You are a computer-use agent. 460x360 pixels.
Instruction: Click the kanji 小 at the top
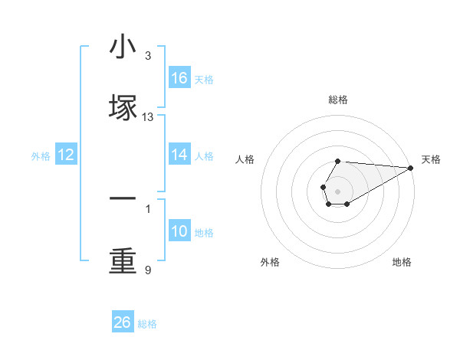pyautogui.click(x=123, y=47)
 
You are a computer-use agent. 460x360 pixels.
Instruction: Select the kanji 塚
pyautogui.click(x=123, y=108)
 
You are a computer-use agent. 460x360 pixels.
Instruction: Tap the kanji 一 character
pyautogui.click(x=123, y=198)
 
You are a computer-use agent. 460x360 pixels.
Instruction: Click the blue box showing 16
pyautogui.click(x=179, y=78)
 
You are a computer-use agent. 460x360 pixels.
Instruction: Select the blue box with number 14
pyautogui.click(x=179, y=155)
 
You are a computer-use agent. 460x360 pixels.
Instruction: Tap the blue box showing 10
pyautogui.click(x=179, y=231)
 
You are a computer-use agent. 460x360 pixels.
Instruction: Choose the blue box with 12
pyautogui.click(x=66, y=155)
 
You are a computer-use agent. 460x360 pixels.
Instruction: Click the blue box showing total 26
pyautogui.click(x=123, y=322)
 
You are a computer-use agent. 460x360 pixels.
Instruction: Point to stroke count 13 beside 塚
pyautogui.click(x=148, y=117)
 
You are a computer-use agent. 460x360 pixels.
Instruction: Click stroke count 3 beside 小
pyautogui.click(x=148, y=56)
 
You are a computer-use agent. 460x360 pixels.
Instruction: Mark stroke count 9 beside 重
pyautogui.click(x=148, y=270)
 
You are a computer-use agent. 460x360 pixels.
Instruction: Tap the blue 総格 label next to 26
pyautogui.click(x=147, y=324)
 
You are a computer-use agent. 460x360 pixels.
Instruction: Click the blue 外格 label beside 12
pyautogui.click(x=41, y=156)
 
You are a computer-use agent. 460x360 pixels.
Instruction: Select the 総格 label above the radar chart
pyautogui.click(x=338, y=100)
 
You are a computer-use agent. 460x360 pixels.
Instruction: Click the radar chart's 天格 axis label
pyautogui.click(x=431, y=159)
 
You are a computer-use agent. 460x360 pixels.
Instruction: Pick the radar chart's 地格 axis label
pyautogui.click(x=402, y=262)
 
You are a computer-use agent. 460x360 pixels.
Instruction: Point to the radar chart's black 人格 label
pyautogui.click(x=245, y=159)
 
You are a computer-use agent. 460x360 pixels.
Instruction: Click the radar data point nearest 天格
pyautogui.click(x=411, y=168)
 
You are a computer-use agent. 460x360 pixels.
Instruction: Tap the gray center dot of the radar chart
pyautogui.click(x=337, y=190)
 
